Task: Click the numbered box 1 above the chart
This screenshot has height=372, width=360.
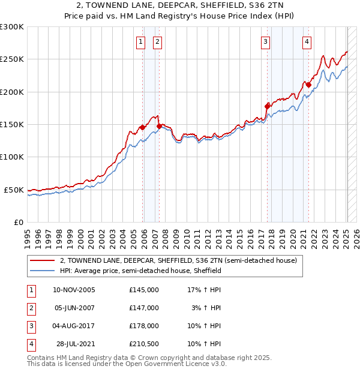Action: pos(140,42)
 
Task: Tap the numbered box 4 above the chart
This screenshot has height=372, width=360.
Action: pos(307,42)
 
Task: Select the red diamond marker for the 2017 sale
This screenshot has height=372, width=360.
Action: pos(267,106)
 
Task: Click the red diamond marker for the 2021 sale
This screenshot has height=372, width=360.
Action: pos(308,85)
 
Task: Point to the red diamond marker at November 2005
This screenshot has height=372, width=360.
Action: pos(142,127)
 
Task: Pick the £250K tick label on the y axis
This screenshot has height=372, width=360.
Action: pos(12,59)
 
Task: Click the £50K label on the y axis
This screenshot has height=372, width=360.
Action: pos(14,190)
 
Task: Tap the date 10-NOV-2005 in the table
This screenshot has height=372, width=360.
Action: pos(74,290)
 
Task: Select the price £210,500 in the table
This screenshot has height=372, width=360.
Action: pos(144,344)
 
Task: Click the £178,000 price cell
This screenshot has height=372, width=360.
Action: pos(144,326)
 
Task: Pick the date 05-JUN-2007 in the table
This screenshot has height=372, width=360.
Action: pos(74,308)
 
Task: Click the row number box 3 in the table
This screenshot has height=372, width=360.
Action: pos(31,326)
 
